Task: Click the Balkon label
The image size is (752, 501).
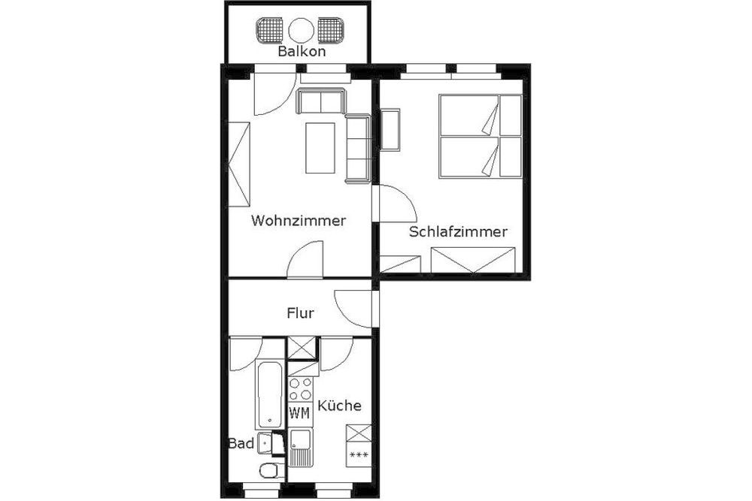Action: (x=302, y=51)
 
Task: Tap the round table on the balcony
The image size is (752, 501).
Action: (x=302, y=31)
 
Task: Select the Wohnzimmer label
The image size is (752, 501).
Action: (x=299, y=221)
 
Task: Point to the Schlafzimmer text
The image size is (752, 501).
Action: (x=458, y=232)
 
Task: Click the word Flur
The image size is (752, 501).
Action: (x=300, y=313)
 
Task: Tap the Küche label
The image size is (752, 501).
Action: (x=340, y=405)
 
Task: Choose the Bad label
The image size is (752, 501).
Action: (x=241, y=443)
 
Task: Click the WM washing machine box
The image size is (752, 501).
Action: (x=300, y=412)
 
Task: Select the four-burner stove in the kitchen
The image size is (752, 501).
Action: (x=300, y=388)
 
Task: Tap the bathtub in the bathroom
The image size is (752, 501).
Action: (x=268, y=394)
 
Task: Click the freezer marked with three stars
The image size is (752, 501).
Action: (x=359, y=454)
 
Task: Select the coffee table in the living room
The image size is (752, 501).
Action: (x=320, y=148)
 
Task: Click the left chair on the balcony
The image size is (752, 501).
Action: (x=271, y=31)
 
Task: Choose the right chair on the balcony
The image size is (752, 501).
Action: (x=332, y=31)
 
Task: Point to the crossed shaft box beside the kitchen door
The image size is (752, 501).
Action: (x=302, y=349)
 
